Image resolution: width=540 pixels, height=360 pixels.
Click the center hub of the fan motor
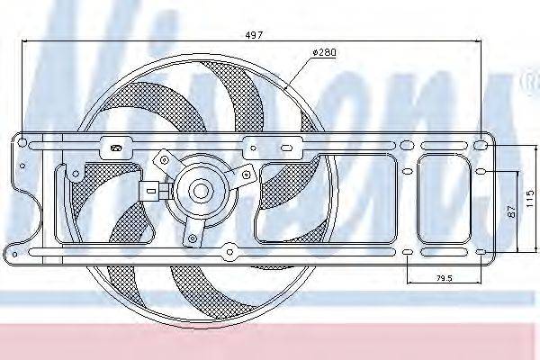pyautogui.click(x=199, y=191)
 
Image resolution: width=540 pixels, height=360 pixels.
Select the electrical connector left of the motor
pyautogui.click(x=150, y=190)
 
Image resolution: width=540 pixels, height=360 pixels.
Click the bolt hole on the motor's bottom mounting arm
pyautogui.click(x=190, y=238)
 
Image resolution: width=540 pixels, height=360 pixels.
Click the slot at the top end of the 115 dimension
pyautogui.click(x=481, y=144)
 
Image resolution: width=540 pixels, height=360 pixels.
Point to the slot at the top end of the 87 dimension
pyautogui.click(x=481, y=171)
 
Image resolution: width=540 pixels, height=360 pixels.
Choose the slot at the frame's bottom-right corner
pyautogui.click(x=481, y=251)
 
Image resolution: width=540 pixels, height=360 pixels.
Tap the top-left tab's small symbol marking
pyautogui.click(x=114, y=147)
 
